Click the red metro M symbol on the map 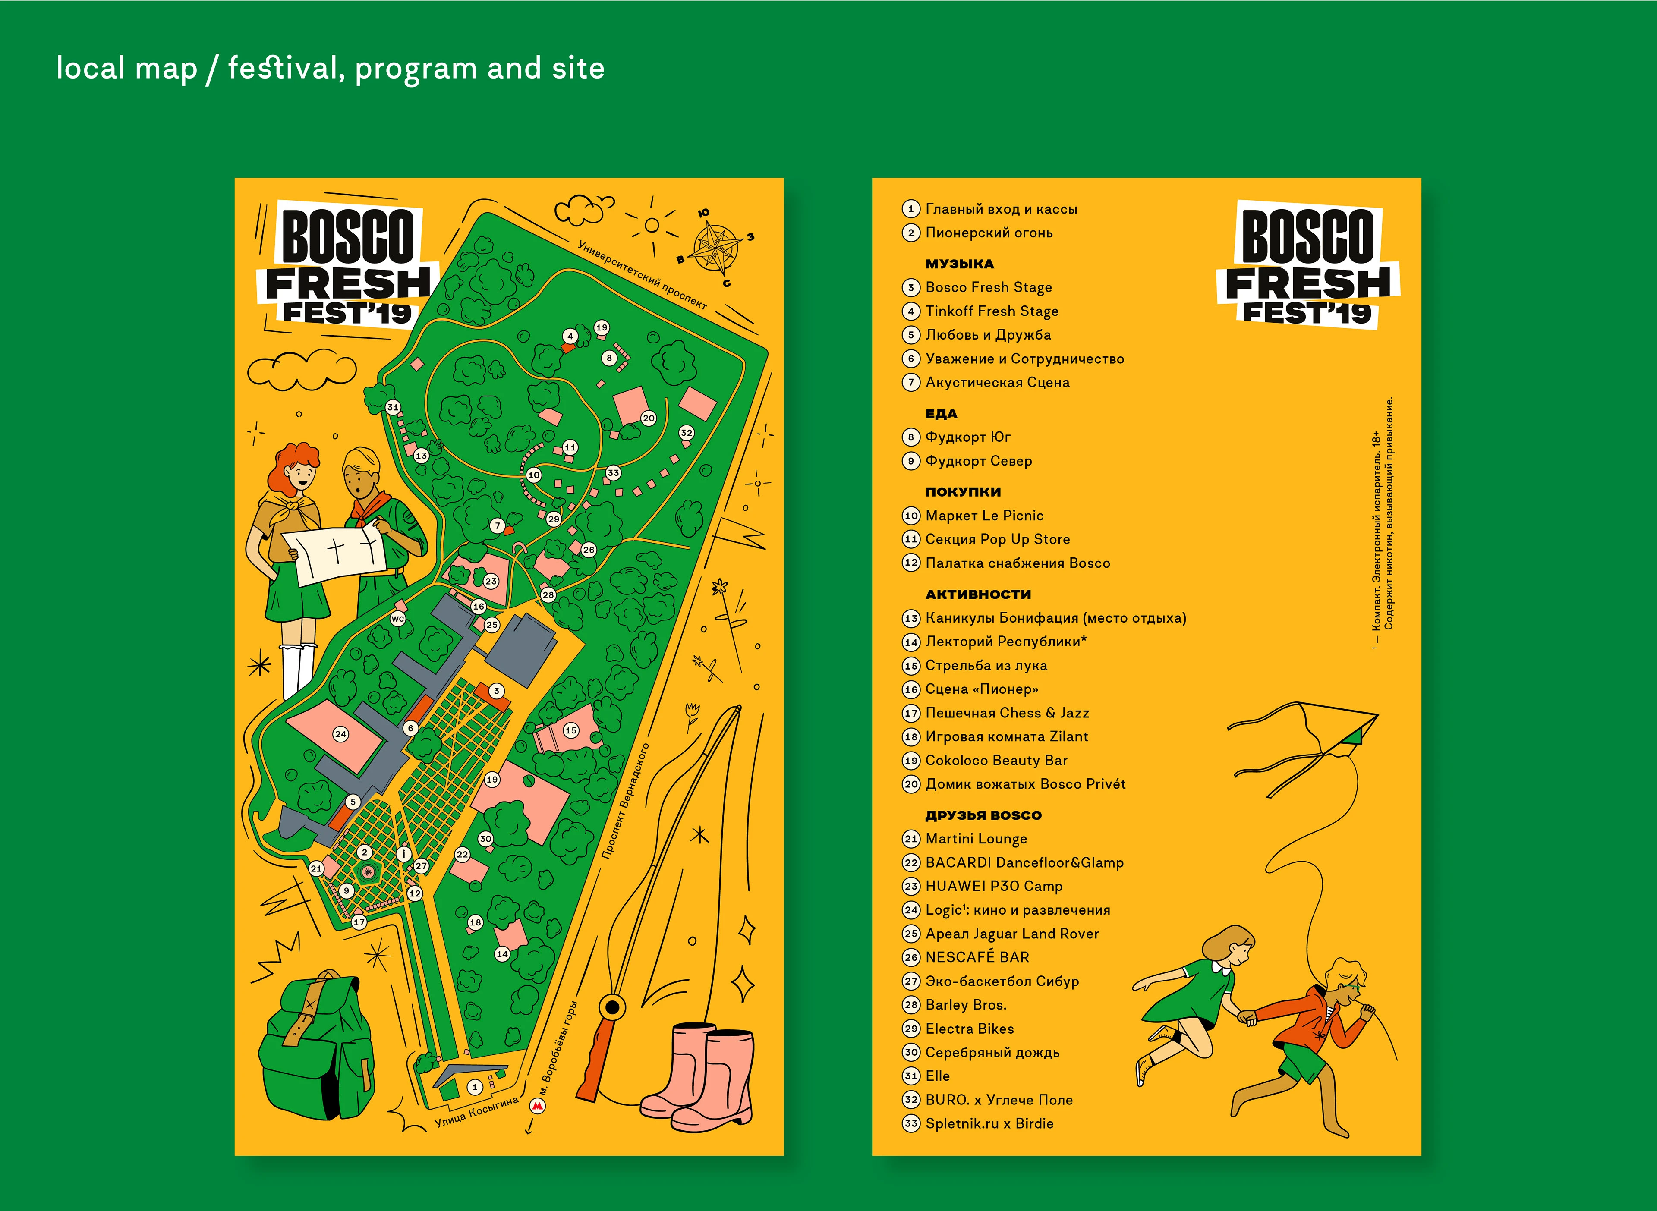537,1106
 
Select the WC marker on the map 397,619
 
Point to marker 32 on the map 686,432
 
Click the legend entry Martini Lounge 976,839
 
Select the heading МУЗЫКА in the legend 959,264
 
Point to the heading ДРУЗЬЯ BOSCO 983,815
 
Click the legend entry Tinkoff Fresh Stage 991,311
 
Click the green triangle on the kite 1353,735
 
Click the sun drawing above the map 652,225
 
